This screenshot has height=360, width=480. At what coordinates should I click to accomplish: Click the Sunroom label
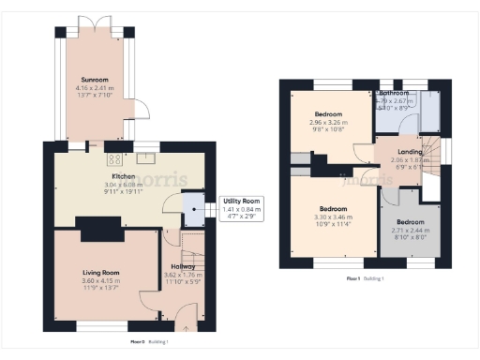point(93,81)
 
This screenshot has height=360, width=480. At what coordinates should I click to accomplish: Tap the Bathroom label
point(394,94)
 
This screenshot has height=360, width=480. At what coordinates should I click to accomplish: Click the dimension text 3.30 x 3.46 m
point(334,217)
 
